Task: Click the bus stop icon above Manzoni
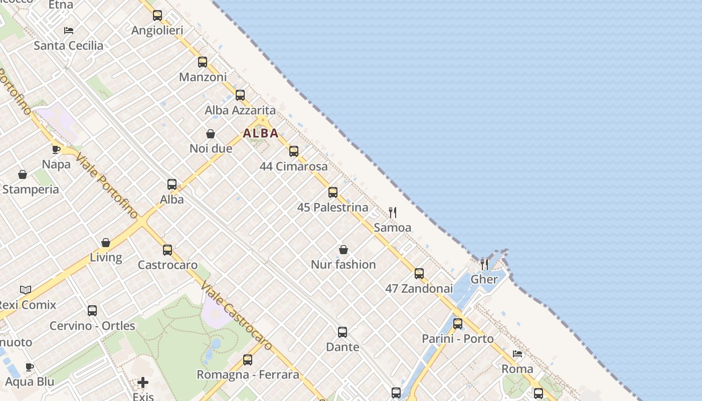pyautogui.click(x=203, y=62)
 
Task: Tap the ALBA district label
pyautogui.click(x=261, y=133)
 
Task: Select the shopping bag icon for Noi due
pyautogui.click(x=211, y=134)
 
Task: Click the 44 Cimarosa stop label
pyautogui.click(x=294, y=166)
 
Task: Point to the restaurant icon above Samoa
pyautogui.click(x=393, y=213)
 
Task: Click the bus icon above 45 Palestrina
pyautogui.click(x=333, y=192)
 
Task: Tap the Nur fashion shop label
pyautogui.click(x=343, y=265)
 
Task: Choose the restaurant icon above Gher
pyautogui.click(x=484, y=264)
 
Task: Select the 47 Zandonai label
pyautogui.click(x=419, y=289)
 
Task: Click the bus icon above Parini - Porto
pyautogui.click(x=458, y=324)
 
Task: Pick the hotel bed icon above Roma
pyautogui.click(x=517, y=354)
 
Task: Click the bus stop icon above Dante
pyautogui.click(x=342, y=332)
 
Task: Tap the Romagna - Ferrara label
pyautogui.click(x=248, y=375)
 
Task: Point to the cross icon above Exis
pyautogui.click(x=143, y=383)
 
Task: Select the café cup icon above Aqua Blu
pyautogui.click(x=30, y=367)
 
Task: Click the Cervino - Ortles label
pyautogui.click(x=92, y=326)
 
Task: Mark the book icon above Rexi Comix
pyautogui.click(x=26, y=290)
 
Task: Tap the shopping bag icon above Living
pyautogui.click(x=106, y=243)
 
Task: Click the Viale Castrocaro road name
pyautogui.click(x=236, y=316)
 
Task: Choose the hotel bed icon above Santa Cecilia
pyautogui.click(x=69, y=31)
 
